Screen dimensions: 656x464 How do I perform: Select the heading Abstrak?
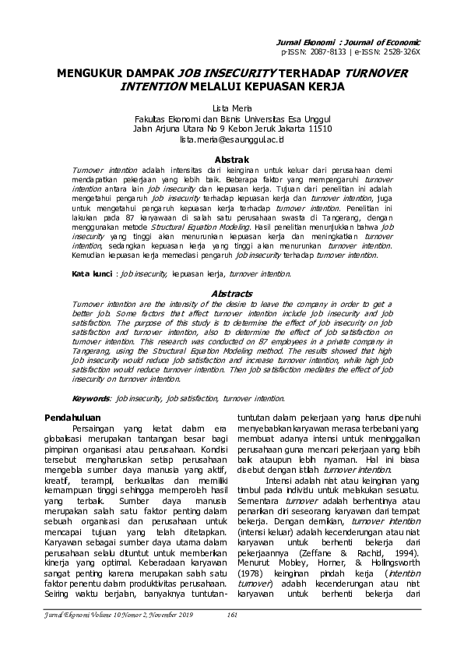[x=232, y=157]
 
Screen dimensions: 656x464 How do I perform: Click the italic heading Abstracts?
[x=232, y=293]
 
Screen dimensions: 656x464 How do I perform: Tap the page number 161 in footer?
[x=231, y=615]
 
